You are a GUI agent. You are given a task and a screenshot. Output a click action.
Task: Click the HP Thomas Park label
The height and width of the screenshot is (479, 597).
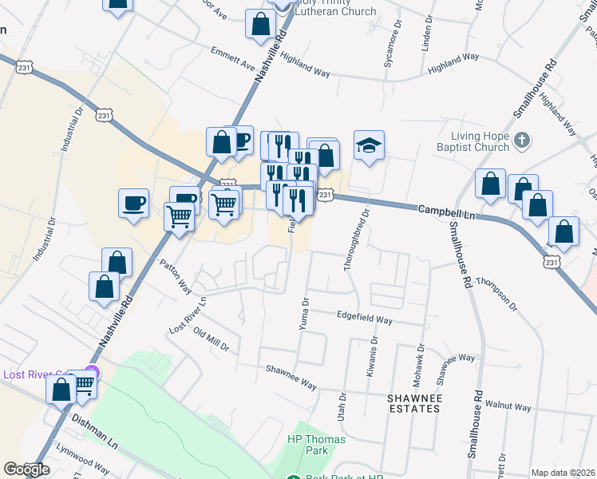pyautogui.click(x=308, y=445)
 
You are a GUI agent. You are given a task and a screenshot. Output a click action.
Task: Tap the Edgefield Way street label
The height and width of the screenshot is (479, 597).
pyautogui.click(x=364, y=319)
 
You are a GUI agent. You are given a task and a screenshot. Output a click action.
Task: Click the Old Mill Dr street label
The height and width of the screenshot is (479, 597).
pyautogui.click(x=211, y=342)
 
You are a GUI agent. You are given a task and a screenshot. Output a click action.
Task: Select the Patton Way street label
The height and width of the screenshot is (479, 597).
pyautogui.click(x=176, y=275)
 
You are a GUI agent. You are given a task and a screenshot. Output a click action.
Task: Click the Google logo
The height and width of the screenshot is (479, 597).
pyautogui.click(x=26, y=469)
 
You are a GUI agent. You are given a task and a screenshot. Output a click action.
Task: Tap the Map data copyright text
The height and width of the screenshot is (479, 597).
pyautogui.click(x=563, y=473)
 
